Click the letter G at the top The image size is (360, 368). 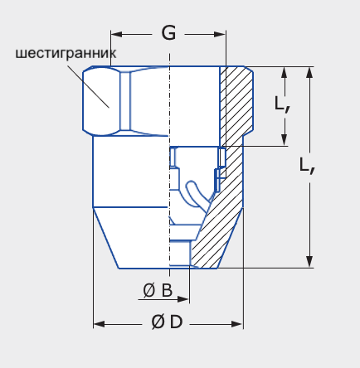click(168, 33)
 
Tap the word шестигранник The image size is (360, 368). click(66, 53)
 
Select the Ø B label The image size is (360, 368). click(158, 290)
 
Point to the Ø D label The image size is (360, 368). click(167, 322)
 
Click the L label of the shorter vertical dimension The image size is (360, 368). click(282, 104)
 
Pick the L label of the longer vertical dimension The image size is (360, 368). click(307, 166)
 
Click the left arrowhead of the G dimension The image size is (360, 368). click(116, 34)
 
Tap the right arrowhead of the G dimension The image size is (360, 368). click(220, 34)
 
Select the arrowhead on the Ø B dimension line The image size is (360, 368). click(183, 299)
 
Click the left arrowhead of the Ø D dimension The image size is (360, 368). click(100, 324)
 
